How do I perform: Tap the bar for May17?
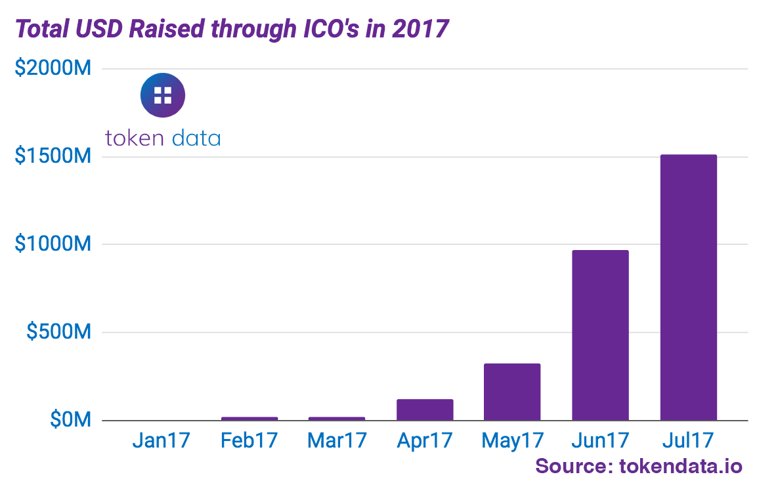point(512,392)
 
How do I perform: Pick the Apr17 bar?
point(425,409)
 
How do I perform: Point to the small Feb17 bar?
point(249,418)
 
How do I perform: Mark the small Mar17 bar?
point(337,418)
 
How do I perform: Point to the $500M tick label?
point(58,332)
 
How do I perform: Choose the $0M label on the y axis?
point(70,420)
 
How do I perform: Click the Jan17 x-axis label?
point(162,440)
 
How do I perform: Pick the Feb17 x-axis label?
point(249,440)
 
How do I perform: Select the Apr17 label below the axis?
point(425,440)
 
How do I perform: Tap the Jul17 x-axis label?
point(688,440)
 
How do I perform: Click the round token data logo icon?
point(163,95)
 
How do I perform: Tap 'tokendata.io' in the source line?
point(680,466)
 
